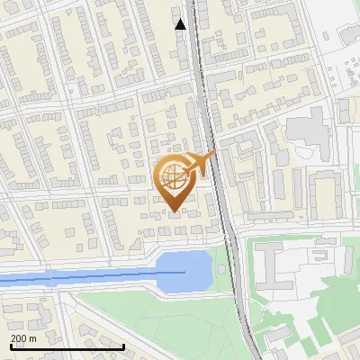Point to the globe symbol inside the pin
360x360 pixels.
click(x=174, y=178)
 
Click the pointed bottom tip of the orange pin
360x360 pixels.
click(x=175, y=211)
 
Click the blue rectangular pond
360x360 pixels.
click(x=184, y=271)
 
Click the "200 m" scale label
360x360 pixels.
click(x=23, y=338)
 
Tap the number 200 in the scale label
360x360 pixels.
click(x=19, y=338)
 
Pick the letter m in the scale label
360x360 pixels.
click(x=32, y=339)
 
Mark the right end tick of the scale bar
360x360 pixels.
click(x=123, y=345)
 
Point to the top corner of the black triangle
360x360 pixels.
click(x=181, y=18)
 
